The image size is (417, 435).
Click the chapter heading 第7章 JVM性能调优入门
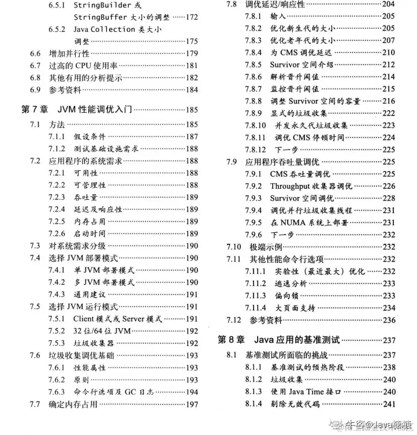[x=85, y=109]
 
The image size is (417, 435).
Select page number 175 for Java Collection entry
[x=192, y=41]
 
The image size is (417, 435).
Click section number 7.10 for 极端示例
[x=234, y=247]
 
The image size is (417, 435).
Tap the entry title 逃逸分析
[x=291, y=283]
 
